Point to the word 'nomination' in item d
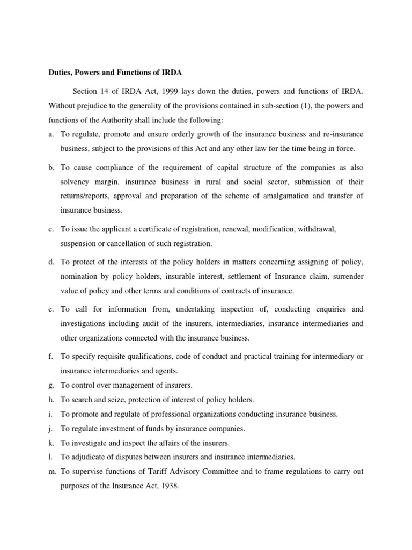tap(79, 277)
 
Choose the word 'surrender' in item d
tap(347, 277)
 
